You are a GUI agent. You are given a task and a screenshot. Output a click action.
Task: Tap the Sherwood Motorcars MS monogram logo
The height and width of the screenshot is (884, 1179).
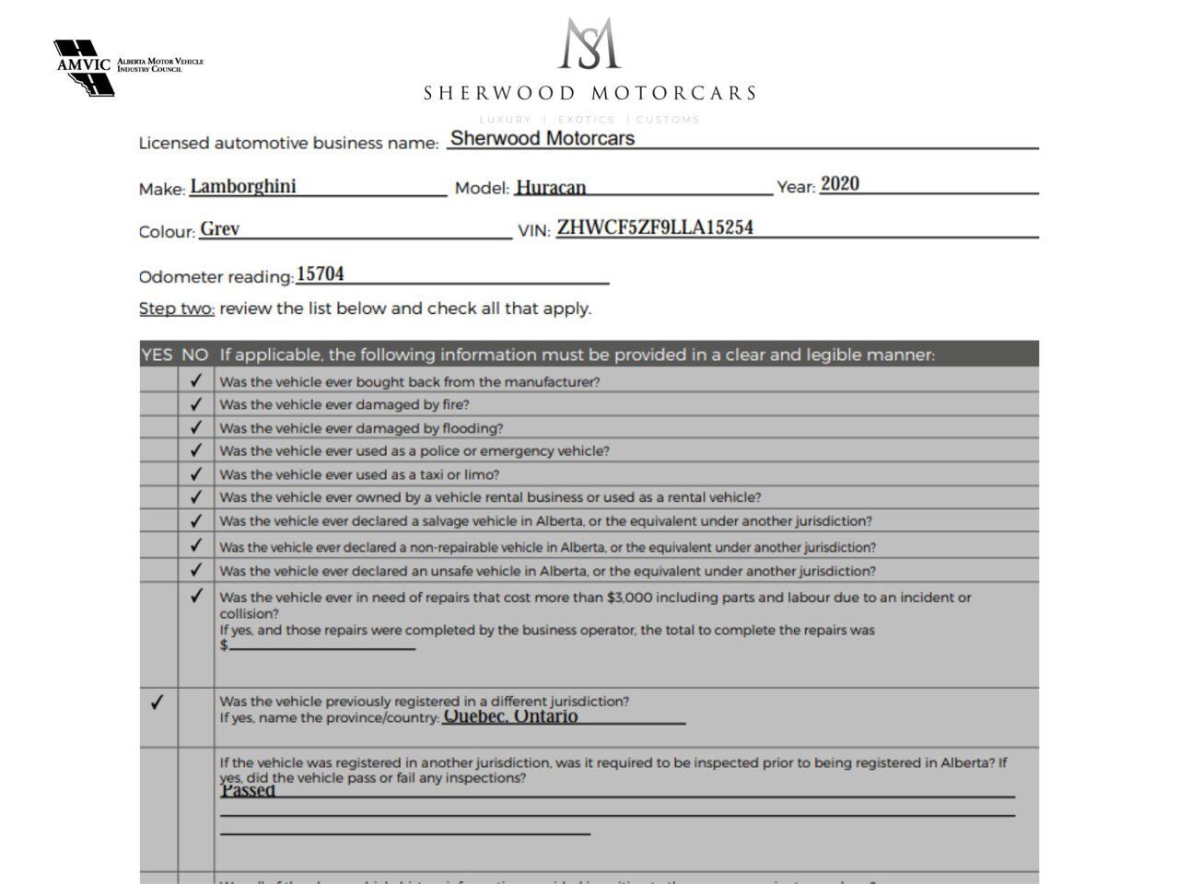click(x=589, y=44)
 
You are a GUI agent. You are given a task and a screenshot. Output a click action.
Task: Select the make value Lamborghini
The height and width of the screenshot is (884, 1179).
click(x=243, y=186)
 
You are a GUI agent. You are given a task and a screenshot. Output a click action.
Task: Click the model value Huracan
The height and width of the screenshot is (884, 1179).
click(x=551, y=188)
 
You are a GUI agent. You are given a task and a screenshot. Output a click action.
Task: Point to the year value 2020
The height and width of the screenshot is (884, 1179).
click(x=840, y=184)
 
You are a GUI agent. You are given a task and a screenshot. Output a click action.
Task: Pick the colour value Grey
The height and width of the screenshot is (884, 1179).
click(x=220, y=229)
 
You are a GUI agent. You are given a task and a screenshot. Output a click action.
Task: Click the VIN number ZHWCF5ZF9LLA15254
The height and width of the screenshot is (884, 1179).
click(x=655, y=227)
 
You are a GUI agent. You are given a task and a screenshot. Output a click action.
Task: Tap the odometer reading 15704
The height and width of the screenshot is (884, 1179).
click(x=321, y=274)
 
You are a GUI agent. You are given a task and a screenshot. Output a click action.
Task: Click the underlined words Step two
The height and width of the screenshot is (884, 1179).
click(x=177, y=308)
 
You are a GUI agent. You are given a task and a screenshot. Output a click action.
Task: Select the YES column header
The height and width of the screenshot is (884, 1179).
click(x=157, y=355)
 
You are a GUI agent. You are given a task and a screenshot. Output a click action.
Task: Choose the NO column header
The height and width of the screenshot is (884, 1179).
click(x=194, y=355)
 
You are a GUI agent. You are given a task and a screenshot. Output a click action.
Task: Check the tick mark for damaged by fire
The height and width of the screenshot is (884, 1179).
click(x=195, y=404)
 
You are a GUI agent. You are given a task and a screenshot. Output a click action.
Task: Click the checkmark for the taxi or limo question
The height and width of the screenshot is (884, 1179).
click(x=195, y=474)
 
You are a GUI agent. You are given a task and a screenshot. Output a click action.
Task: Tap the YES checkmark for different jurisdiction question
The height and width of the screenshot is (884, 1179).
click(x=158, y=703)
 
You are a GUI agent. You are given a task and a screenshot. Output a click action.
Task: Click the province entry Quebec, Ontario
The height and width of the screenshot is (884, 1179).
click(x=511, y=716)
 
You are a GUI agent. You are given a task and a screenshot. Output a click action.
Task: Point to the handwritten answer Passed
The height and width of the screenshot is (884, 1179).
click(x=248, y=791)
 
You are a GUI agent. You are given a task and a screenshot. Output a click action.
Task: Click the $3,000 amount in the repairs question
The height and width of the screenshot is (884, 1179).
click(x=629, y=598)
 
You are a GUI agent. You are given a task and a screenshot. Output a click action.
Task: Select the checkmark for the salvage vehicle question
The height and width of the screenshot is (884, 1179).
click(x=195, y=521)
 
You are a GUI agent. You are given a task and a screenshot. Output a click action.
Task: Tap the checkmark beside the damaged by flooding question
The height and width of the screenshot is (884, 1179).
click(x=195, y=428)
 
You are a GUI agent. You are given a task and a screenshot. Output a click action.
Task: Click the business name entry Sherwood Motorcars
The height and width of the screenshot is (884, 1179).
click(x=543, y=139)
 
